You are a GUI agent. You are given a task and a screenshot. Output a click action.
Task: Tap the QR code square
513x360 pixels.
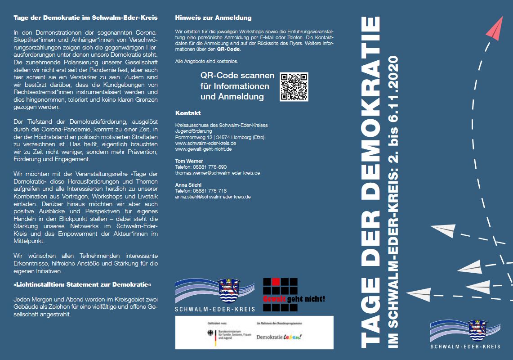(294, 87)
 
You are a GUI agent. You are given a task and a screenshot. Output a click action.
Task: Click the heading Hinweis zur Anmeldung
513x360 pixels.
(213, 18)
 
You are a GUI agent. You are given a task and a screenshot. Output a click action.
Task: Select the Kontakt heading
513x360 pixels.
(188, 113)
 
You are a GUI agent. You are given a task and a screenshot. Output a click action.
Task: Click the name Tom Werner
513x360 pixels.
(189, 161)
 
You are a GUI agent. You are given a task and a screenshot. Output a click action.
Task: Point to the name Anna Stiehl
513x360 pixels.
(189, 185)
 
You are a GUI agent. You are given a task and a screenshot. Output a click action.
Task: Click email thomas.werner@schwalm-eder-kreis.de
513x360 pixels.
(217, 173)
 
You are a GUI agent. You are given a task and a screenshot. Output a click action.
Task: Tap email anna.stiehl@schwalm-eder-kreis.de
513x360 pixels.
(213, 197)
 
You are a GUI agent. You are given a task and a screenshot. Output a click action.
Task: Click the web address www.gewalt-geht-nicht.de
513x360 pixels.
(203, 149)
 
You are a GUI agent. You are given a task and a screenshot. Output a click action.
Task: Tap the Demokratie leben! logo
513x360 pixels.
(279, 337)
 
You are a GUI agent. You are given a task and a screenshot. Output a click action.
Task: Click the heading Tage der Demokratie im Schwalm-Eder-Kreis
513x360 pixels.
(85, 18)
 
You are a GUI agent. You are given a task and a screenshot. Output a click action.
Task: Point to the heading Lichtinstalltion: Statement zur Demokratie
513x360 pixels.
(82, 285)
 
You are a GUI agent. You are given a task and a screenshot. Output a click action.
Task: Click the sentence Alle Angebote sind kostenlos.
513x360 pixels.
(207, 61)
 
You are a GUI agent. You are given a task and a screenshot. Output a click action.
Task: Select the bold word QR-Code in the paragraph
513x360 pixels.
(228, 49)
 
